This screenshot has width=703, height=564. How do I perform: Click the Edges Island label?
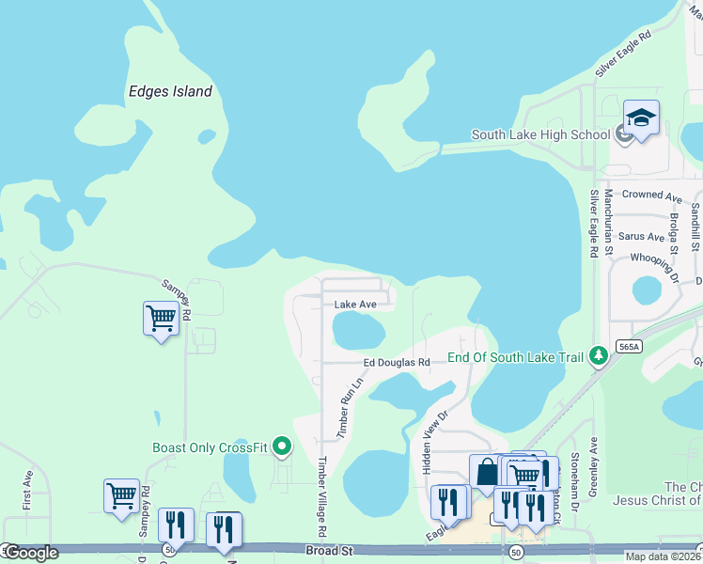[x=170, y=91]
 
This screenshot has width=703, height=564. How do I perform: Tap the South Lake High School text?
[x=540, y=134]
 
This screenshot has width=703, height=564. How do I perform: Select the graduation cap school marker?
[x=641, y=118]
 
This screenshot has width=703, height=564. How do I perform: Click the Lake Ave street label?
[x=355, y=305]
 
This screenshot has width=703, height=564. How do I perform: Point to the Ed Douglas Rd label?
[x=397, y=363]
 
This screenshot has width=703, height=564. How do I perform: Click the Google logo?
[x=30, y=553]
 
